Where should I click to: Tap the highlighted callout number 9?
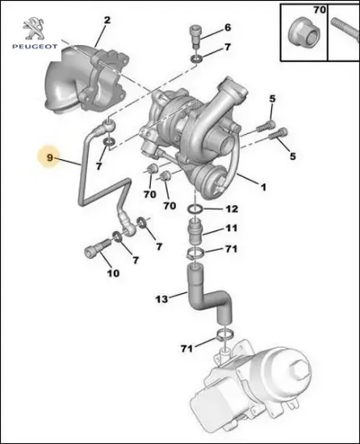[50, 157]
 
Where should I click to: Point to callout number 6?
[227, 27]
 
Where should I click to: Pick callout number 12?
[232, 208]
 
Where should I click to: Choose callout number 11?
[231, 228]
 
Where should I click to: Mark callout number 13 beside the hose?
[161, 299]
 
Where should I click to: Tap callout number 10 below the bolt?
[113, 273]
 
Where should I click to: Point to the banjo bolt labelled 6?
[195, 32]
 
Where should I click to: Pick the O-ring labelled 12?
[194, 212]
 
